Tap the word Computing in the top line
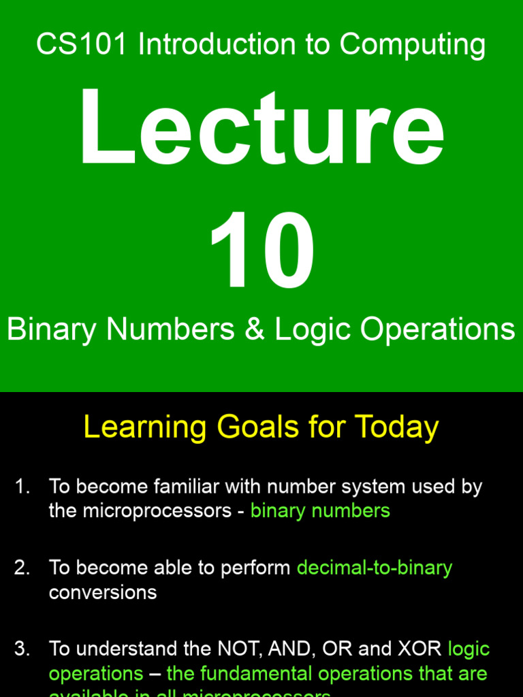click(413, 46)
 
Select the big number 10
click(261, 251)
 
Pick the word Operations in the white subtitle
click(437, 329)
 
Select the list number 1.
click(22, 487)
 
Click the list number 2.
click(22, 568)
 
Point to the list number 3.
click(22, 649)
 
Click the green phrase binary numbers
click(320, 510)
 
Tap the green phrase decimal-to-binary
click(375, 568)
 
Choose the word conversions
click(103, 592)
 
